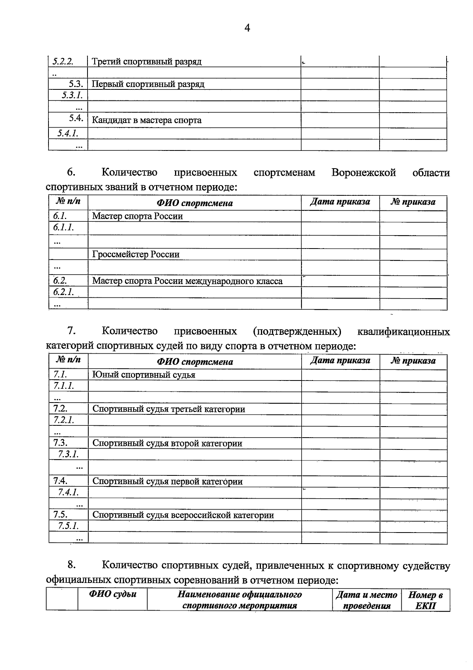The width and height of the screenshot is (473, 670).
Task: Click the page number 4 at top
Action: pos(247,28)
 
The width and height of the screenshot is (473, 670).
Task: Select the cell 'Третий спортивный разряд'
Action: pos(147,62)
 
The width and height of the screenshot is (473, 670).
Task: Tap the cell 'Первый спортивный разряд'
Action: pos(148,84)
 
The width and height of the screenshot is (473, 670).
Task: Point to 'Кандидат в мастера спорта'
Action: pos(147,120)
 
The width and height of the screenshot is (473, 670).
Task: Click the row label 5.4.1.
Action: pos(67,134)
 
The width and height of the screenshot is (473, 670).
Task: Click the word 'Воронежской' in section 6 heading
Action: pos(363,173)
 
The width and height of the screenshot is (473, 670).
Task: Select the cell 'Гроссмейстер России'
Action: pos(136,254)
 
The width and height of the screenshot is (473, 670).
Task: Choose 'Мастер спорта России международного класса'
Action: pos(187,281)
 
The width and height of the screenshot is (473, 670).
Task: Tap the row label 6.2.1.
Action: pos(63,292)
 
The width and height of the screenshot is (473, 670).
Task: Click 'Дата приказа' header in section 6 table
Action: pos(340,202)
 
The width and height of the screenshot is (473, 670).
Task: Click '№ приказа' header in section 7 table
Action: pos(413,361)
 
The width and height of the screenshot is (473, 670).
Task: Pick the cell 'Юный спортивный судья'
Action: pos(144,375)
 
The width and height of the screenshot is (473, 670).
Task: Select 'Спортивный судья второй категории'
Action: pos(167,444)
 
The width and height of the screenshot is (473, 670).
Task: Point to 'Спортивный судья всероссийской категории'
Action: pos(183,515)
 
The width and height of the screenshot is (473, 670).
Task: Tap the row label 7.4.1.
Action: pos(68,492)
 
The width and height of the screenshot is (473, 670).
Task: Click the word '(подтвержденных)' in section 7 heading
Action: pos(297,331)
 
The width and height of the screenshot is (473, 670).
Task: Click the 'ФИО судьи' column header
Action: pos(112,594)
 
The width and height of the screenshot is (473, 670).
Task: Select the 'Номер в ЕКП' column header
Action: pos(425,600)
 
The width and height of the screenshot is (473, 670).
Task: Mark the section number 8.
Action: pos(71,565)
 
